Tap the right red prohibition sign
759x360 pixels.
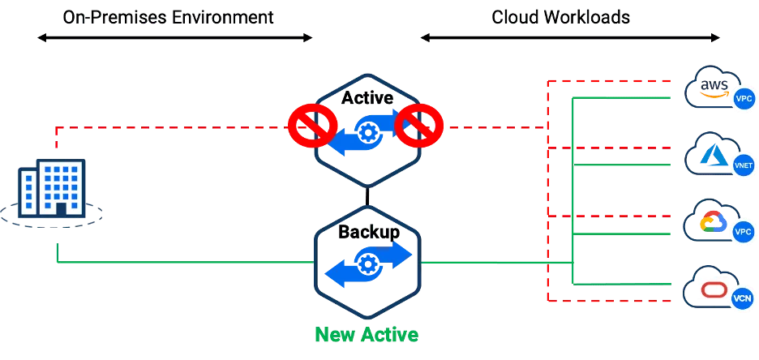click(x=420, y=125)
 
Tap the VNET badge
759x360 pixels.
click(x=743, y=164)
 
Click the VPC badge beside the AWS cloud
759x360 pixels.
click(x=743, y=99)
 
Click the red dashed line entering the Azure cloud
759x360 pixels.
click(x=616, y=148)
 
